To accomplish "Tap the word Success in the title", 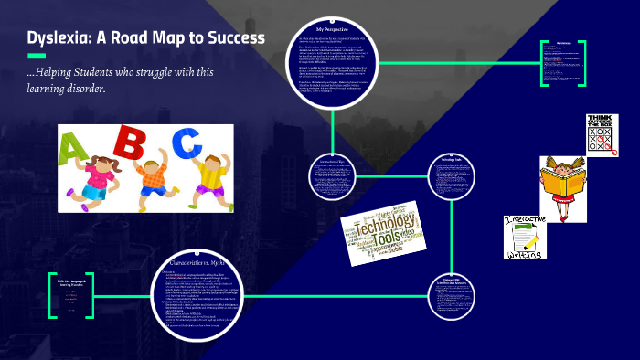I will (x=234, y=38).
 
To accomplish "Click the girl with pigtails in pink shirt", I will (x=86, y=173).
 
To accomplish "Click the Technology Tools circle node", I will (x=454, y=172).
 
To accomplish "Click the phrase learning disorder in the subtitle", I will (x=68, y=90).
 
